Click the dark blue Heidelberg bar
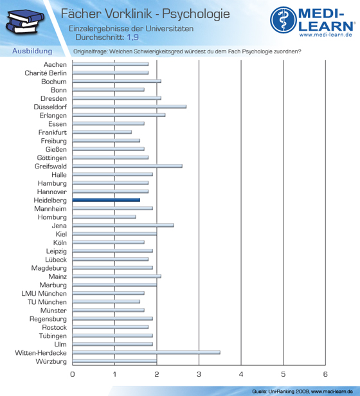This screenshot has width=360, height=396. (x=106, y=200)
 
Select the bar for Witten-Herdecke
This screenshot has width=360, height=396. (x=147, y=352)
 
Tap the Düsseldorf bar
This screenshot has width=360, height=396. (x=129, y=107)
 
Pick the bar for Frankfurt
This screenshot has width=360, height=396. (x=102, y=132)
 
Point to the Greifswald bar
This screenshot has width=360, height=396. (x=127, y=166)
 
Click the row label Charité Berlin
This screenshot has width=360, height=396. (x=46, y=73)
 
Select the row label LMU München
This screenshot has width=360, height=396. (x=44, y=293)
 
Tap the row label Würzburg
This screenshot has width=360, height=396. (x=51, y=361)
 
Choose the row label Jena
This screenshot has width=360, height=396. (x=59, y=226)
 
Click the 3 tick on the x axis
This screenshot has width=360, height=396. (x=199, y=374)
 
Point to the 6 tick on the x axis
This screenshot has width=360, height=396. (x=325, y=374)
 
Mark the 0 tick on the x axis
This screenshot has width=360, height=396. (x=73, y=374)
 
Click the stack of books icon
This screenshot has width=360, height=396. (x=25, y=21)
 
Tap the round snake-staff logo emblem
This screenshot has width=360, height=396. (x=283, y=20)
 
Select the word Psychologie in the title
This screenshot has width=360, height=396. (x=196, y=14)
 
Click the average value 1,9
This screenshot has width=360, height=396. (x=132, y=37)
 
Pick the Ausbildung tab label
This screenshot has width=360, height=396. (x=32, y=51)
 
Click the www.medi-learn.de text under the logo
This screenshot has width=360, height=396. (x=326, y=35)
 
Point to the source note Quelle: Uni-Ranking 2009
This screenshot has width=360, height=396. (x=281, y=392)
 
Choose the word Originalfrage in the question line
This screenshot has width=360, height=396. (x=90, y=51)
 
